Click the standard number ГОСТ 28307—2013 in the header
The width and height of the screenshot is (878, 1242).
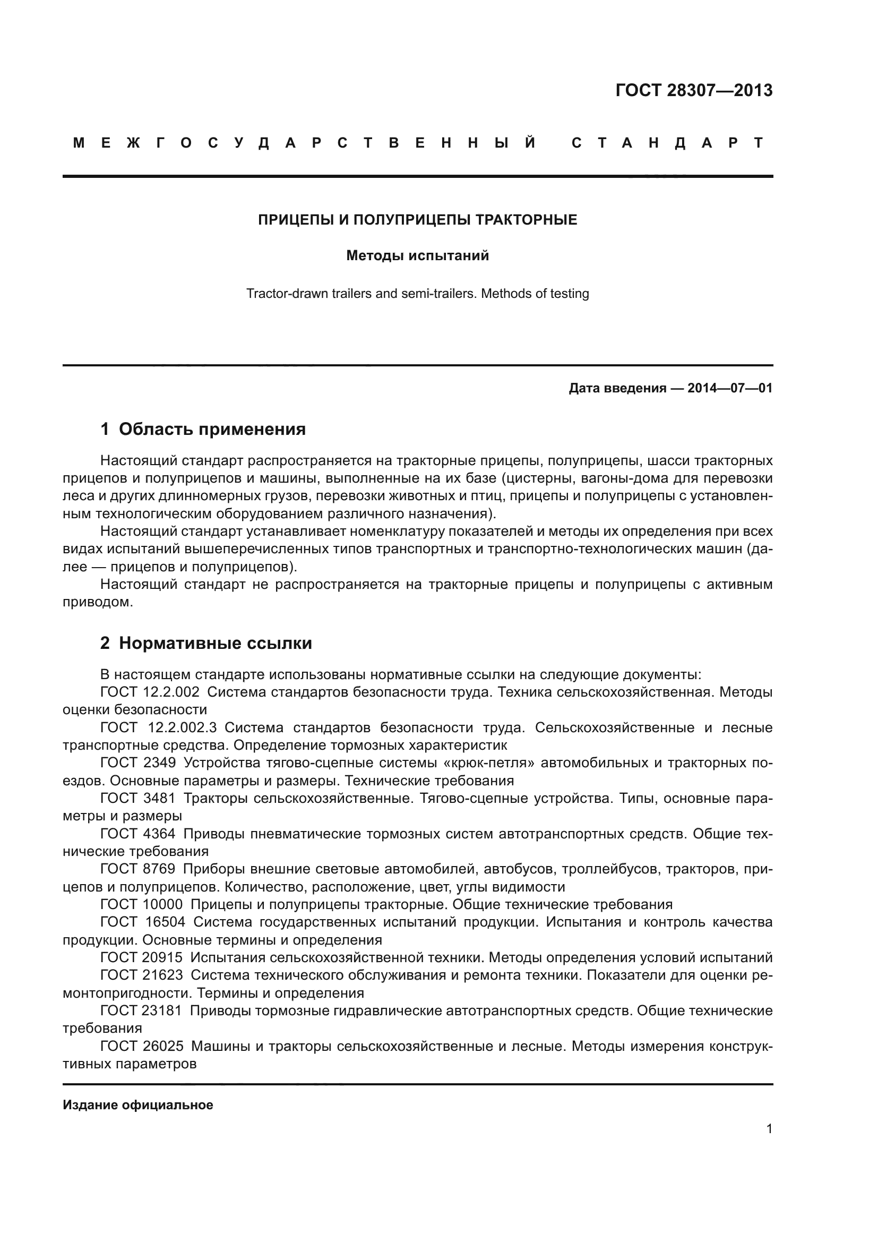coord(694,90)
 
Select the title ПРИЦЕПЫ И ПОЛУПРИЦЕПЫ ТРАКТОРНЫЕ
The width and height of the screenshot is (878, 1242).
coord(417,220)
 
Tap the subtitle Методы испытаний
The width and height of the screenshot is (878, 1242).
coord(417,255)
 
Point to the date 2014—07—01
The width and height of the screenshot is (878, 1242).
coord(729,388)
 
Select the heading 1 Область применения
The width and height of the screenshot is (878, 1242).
coord(203,429)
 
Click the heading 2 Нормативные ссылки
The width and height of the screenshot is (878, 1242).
coord(206,643)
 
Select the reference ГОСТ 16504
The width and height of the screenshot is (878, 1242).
coord(143,922)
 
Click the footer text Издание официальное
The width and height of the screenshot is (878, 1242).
coord(138,1105)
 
